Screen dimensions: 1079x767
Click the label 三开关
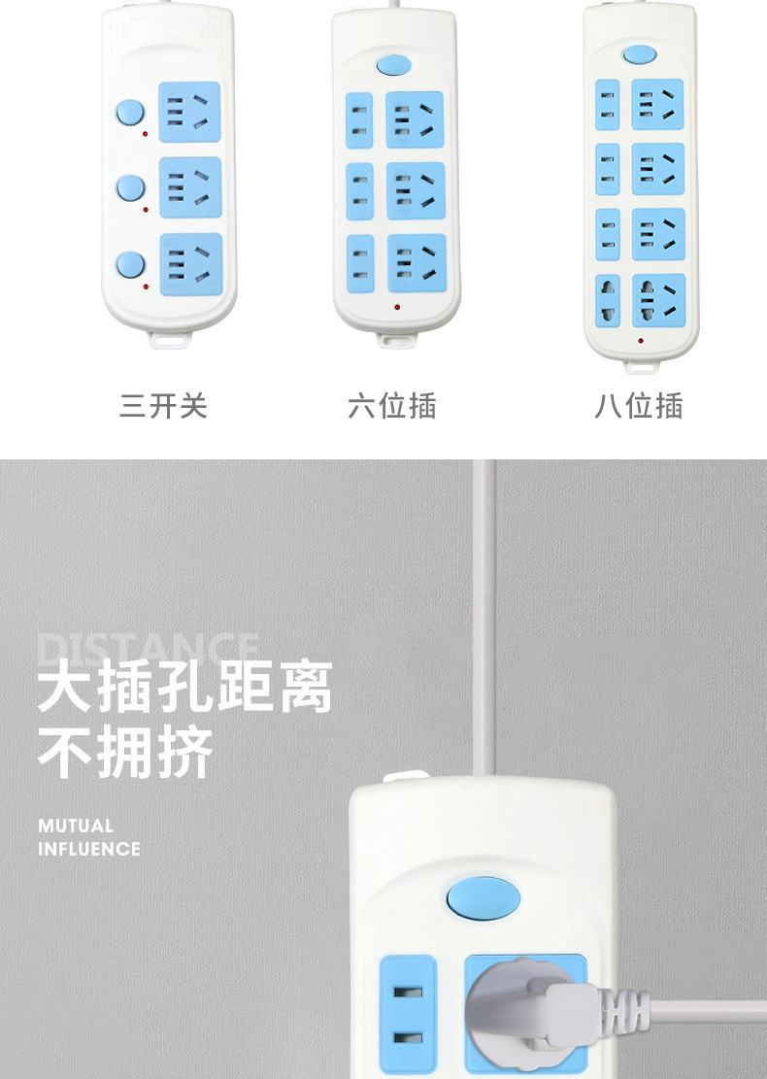coord(163,405)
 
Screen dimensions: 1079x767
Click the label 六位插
coord(392,405)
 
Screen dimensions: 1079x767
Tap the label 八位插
coord(639,405)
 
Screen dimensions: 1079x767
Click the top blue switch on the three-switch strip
coord(128,113)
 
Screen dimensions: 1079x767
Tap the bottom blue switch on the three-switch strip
coord(128,264)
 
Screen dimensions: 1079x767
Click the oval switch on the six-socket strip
coord(392,65)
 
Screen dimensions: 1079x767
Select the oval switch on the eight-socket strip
coord(638,53)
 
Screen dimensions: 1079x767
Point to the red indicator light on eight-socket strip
coord(640,340)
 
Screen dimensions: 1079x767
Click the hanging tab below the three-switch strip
coord(170,339)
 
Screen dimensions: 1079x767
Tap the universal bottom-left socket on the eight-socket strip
coord(608,301)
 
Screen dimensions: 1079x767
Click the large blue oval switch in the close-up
coord(483,898)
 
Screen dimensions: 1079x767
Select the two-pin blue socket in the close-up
coord(409,1015)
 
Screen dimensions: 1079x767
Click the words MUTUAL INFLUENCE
coord(89,837)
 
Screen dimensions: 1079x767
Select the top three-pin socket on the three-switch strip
coord(189,113)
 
